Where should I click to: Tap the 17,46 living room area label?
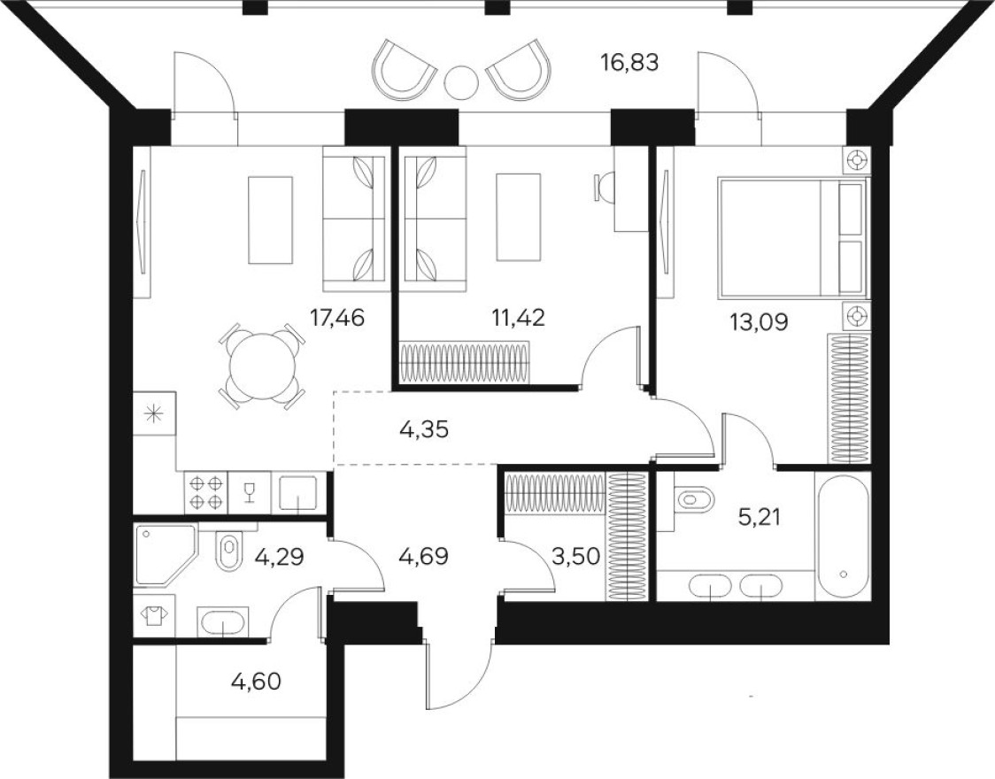click(336, 317)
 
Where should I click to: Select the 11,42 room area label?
click(518, 317)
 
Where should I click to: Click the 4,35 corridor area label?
click(426, 430)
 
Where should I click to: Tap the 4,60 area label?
click(258, 682)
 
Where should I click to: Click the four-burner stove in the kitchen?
click(205, 491)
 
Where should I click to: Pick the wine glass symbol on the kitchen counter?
click(249, 491)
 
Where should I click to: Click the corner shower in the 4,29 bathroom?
click(164, 554)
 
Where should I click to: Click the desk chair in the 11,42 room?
click(604, 187)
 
